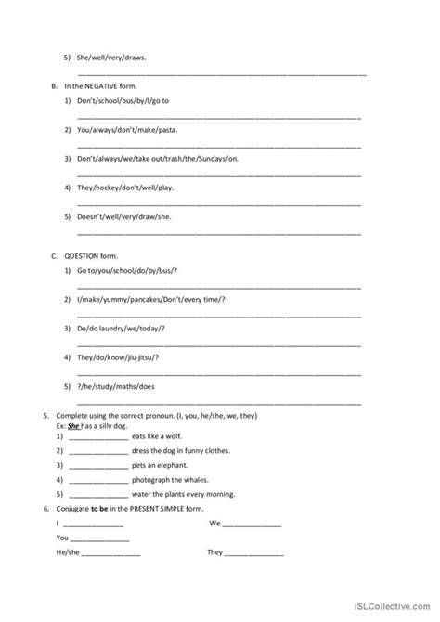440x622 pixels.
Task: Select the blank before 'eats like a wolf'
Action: tap(97, 435)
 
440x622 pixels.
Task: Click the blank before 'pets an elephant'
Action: tap(97, 465)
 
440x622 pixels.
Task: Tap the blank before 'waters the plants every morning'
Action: tap(97, 495)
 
